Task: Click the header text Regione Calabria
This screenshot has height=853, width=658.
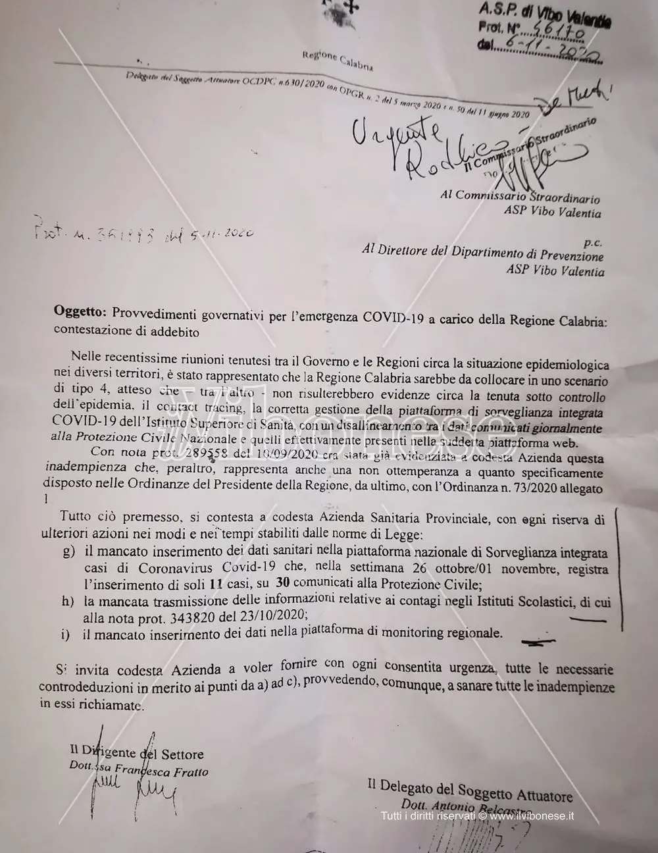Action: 338,60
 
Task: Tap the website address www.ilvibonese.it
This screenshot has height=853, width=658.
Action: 532,816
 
